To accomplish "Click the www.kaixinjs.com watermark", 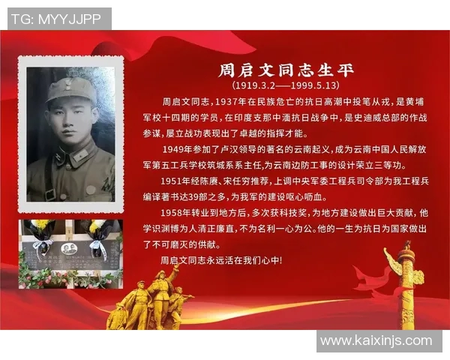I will coord(376,341).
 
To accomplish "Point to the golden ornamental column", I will coord(407,289).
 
